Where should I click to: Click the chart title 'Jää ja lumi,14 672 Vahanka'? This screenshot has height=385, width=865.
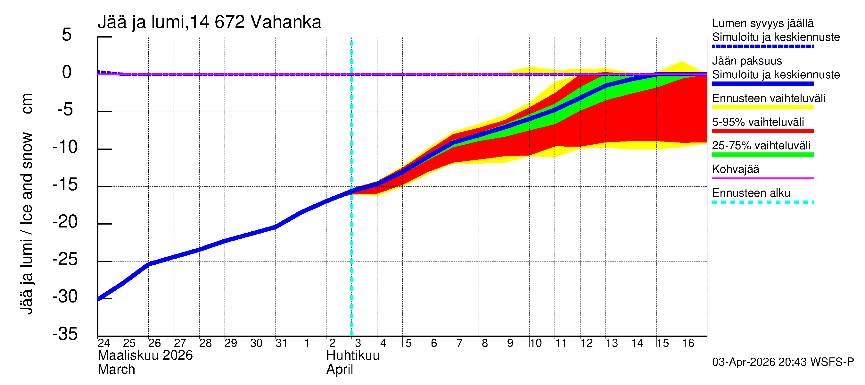tap(209, 22)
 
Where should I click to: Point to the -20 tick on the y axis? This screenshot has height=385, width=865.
tap(65, 222)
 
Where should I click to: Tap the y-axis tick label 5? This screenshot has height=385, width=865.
tap(67, 35)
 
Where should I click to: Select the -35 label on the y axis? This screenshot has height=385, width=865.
tap(65, 334)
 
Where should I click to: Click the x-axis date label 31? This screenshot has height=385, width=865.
tap(281, 343)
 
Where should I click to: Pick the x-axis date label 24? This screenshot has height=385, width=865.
tap(104, 343)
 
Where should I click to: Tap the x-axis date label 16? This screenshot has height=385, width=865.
tap(688, 343)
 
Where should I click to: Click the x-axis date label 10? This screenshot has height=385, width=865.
tap(535, 343)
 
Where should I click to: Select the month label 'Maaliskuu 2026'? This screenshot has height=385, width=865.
tap(145, 355)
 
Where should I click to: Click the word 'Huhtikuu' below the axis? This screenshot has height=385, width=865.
tap(353, 355)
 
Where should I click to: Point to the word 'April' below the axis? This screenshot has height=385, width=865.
tap(340, 370)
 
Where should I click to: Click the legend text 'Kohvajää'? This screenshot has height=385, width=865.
tap(735, 169)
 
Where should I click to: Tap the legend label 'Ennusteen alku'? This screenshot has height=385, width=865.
tap(751, 193)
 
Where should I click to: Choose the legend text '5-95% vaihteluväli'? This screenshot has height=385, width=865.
tap(758, 122)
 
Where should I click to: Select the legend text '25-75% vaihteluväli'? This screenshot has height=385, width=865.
tap(761, 146)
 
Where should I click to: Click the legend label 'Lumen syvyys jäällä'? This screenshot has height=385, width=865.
tap(762, 23)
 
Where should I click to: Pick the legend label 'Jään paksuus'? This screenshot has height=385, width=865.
tap(747, 61)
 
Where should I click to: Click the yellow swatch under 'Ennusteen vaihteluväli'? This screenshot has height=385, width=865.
tap(762, 107)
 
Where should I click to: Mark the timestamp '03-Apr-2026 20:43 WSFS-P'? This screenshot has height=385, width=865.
tap(783, 362)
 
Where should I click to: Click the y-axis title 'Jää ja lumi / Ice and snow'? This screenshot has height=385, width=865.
tap(27, 223)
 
